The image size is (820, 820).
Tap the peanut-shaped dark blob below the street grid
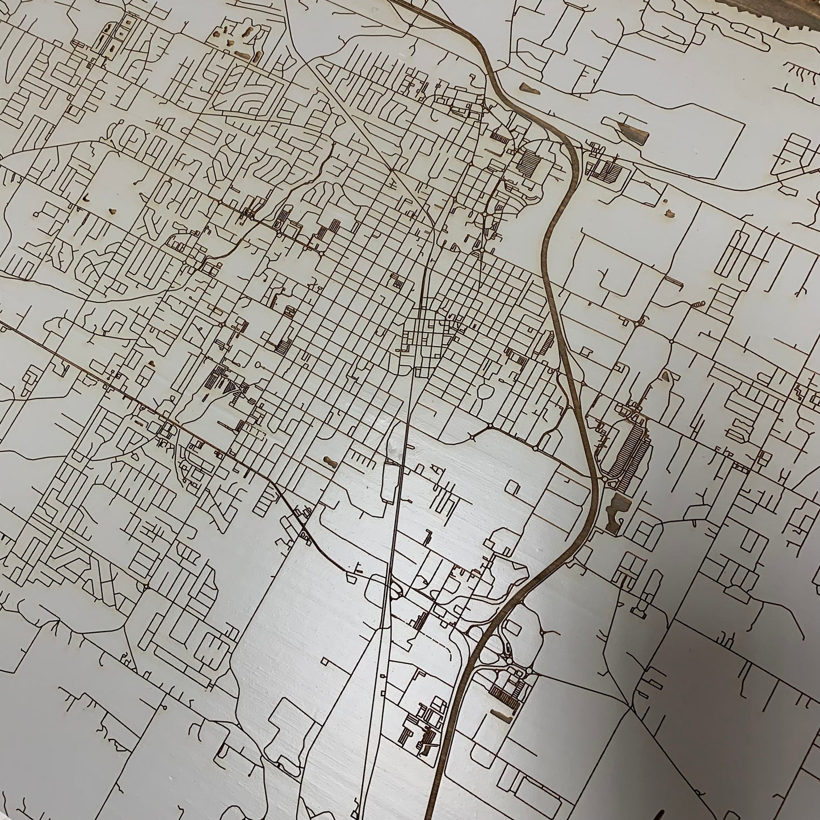pyautogui.click(x=329, y=461)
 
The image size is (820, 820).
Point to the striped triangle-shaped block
pyautogui.click(x=230, y=388)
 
